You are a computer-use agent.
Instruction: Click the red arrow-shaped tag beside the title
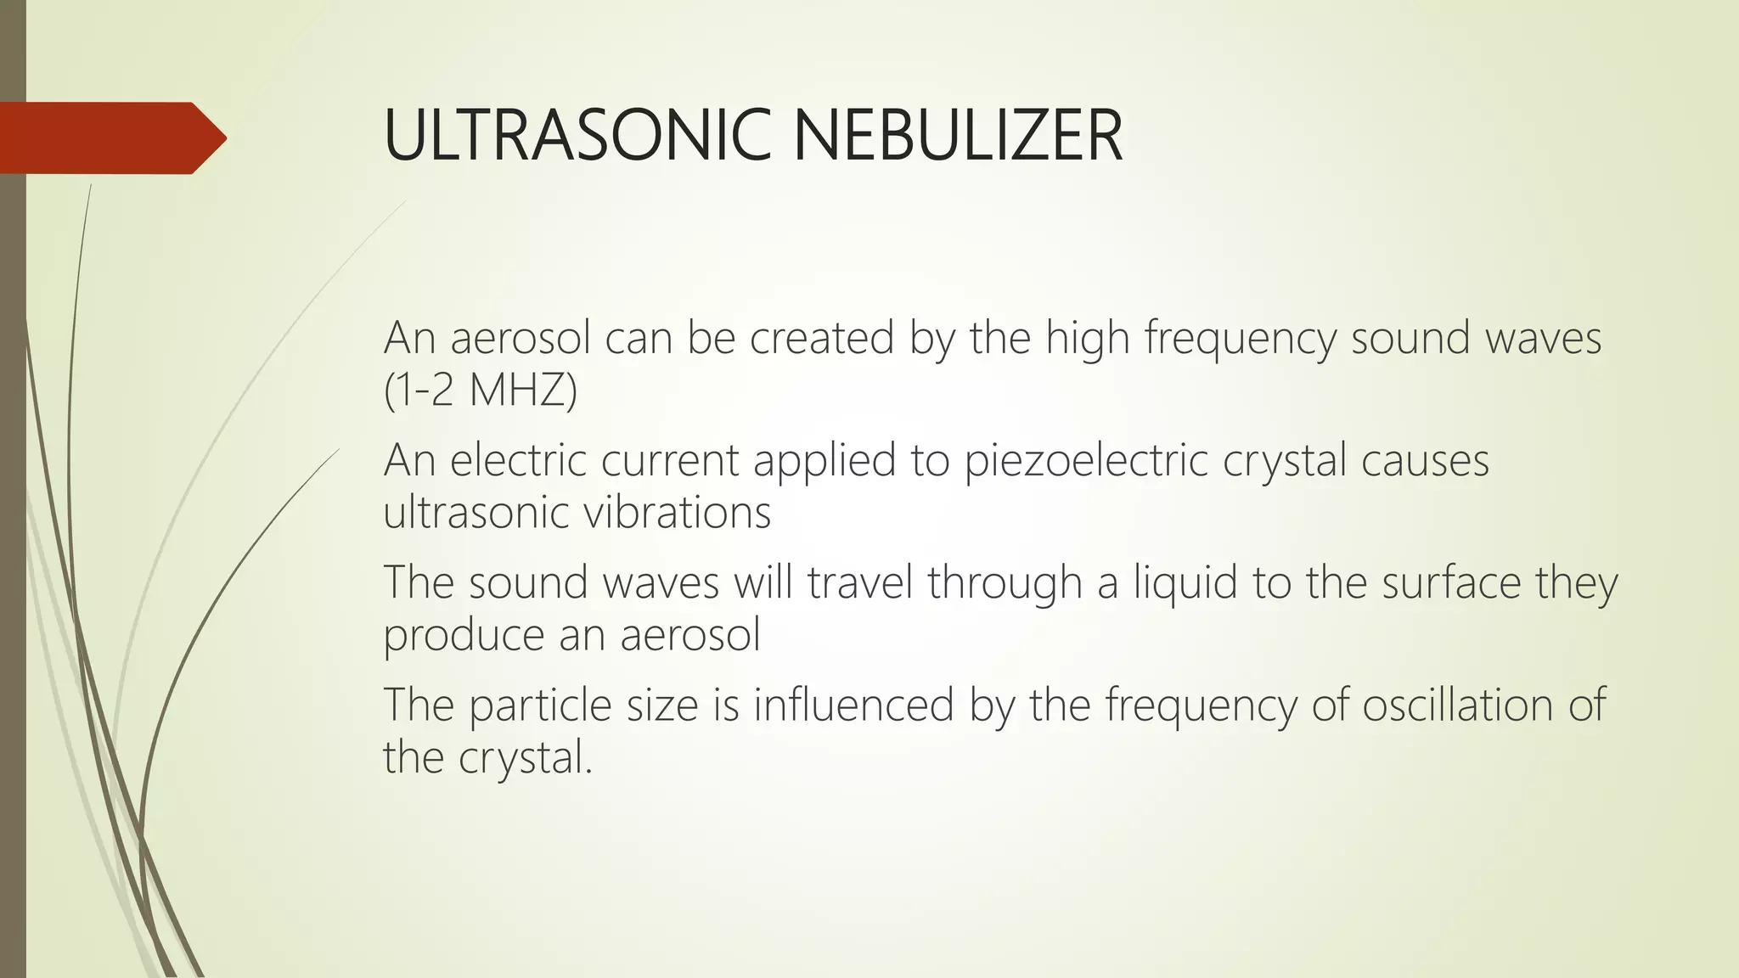click(x=110, y=138)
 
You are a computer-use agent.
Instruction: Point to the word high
click(x=1087, y=338)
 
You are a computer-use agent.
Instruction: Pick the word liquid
click(x=1185, y=582)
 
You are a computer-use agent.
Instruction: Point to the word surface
click(x=1451, y=582)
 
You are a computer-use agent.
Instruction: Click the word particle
click(x=540, y=705)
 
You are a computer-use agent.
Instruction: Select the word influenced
click(x=854, y=705)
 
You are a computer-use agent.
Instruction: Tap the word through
click(x=1005, y=582)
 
